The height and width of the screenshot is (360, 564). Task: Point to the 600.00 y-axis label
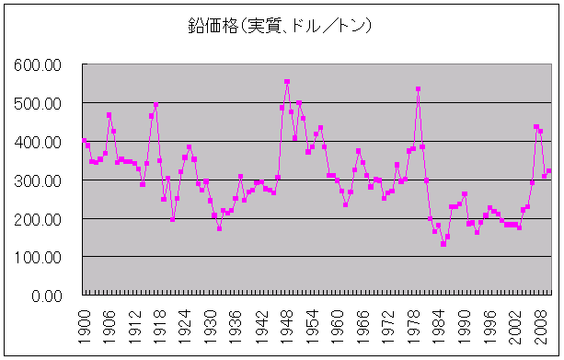pos(38,65)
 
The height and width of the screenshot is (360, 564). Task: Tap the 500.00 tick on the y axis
pos(38,104)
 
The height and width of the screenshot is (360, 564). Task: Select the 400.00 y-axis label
pos(38,143)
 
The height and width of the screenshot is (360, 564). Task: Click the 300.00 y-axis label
pos(38,181)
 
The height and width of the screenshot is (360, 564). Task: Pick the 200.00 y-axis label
pos(38,219)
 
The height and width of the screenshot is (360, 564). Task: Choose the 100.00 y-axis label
pos(38,258)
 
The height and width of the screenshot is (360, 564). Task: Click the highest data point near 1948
pos(287,82)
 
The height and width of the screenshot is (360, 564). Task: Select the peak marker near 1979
pos(419,89)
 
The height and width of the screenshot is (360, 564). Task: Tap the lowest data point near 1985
pos(443,244)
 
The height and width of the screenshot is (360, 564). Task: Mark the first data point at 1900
pos(84,141)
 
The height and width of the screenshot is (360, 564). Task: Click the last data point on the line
pos(549,170)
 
